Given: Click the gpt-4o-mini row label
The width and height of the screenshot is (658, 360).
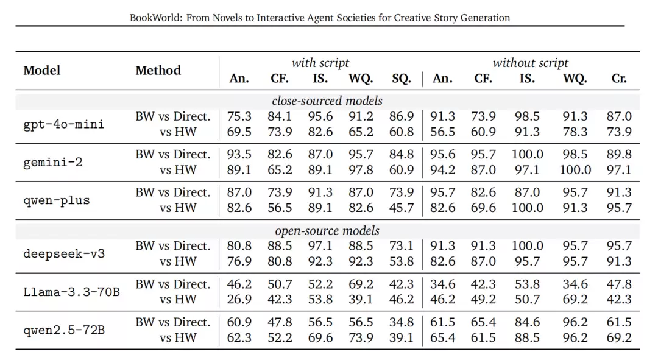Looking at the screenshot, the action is pyautogui.click(x=64, y=124).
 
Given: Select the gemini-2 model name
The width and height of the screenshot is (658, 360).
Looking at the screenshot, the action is pyautogui.click(x=53, y=162).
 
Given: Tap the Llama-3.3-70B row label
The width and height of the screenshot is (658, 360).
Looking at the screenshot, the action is pyautogui.click(x=71, y=292).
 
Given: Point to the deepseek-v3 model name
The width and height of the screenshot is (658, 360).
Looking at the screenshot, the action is pyautogui.click(x=64, y=254).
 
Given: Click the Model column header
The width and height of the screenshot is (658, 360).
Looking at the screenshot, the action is pyautogui.click(x=42, y=70).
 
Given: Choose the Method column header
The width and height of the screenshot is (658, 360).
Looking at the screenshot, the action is pyautogui.click(x=158, y=70).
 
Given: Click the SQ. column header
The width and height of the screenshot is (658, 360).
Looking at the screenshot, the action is pyautogui.click(x=401, y=79).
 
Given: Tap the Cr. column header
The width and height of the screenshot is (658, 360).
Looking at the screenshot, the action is pyautogui.click(x=619, y=79).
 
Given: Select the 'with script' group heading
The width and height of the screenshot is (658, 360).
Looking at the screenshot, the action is pyautogui.click(x=320, y=63).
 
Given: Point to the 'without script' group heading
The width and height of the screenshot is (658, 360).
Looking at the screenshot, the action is pyautogui.click(x=531, y=63).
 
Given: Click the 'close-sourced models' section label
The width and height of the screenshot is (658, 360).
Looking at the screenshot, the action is pyautogui.click(x=327, y=101).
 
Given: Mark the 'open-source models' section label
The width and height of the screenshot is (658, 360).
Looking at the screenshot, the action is pyautogui.click(x=327, y=231).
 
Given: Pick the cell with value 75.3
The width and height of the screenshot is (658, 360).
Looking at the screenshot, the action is pyautogui.click(x=239, y=116).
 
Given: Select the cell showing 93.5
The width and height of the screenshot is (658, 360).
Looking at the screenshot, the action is pyautogui.click(x=239, y=154).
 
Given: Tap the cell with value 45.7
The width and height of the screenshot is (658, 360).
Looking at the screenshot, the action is pyautogui.click(x=401, y=208).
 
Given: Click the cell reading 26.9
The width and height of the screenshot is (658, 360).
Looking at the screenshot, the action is pyautogui.click(x=239, y=299).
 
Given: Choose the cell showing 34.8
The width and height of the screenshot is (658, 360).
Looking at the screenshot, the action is pyautogui.click(x=401, y=322).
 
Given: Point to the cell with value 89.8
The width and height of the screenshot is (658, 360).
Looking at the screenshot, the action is pyautogui.click(x=619, y=154).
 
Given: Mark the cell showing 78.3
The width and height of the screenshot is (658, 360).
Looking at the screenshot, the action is pyautogui.click(x=575, y=132).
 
